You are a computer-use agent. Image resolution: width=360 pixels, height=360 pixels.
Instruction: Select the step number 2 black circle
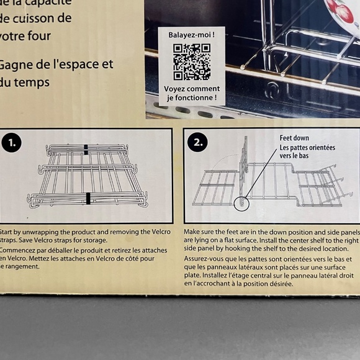pyautogui.click(x=197, y=143)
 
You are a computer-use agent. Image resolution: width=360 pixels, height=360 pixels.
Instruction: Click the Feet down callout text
pyautogui.click(x=294, y=138)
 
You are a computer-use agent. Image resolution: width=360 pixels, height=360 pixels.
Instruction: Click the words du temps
pyautogui.click(x=25, y=82)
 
